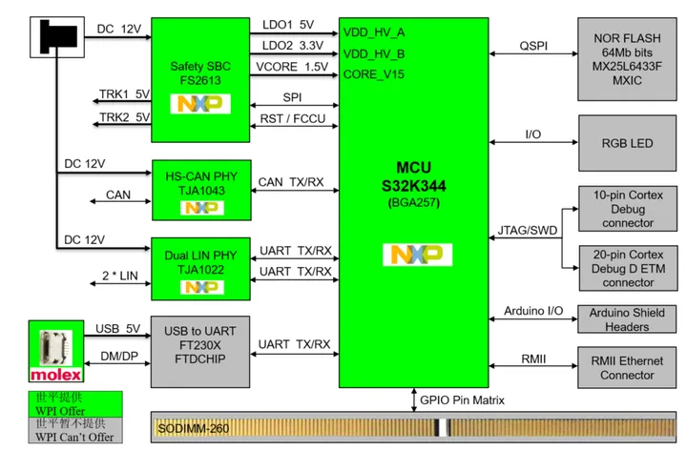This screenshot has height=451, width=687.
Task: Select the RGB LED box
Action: pyautogui.click(x=627, y=144)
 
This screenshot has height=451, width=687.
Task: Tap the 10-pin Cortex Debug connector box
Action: pyautogui.click(x=627, y=209)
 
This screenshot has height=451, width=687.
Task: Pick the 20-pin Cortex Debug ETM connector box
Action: pyautogui.click(x=627, y=268)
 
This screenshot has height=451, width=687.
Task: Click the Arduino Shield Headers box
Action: pyautogui.click(x=627, y=319)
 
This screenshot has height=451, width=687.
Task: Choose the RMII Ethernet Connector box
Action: pyautogui.click(x=627, y=368)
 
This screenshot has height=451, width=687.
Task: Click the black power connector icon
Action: pyautogui.click(x=56, y=36)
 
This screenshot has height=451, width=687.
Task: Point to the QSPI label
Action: pyautogui.click(x=533, y=46)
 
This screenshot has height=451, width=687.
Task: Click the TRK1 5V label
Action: pyautogui.click(x=124, y=94)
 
